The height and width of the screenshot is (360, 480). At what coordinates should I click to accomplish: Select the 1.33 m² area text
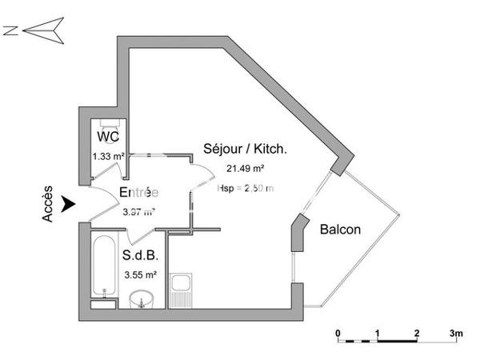point(108,156)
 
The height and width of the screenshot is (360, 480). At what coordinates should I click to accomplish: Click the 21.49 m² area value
point(246,168)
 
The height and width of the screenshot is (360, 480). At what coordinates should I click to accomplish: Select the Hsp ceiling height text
point(246,188)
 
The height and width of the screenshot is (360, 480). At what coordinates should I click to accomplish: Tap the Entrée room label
point(138,193)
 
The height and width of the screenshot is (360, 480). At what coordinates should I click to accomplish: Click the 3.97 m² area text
point(138,212)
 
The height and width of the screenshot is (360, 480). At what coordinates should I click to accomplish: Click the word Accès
point(47,205)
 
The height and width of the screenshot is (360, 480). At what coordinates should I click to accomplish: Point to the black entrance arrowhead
point(70,206)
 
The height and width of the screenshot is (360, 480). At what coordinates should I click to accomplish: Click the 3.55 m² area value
point(140,275)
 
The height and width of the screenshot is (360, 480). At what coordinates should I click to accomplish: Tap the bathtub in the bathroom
point(102,264)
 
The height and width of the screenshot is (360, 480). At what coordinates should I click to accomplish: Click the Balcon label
point(340,230)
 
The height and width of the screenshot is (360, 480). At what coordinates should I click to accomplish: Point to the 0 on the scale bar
point(338,331)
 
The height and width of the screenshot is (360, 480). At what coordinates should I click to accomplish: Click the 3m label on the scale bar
point(457,331)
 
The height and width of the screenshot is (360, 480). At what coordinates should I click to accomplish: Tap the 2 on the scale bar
point(417,331)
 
